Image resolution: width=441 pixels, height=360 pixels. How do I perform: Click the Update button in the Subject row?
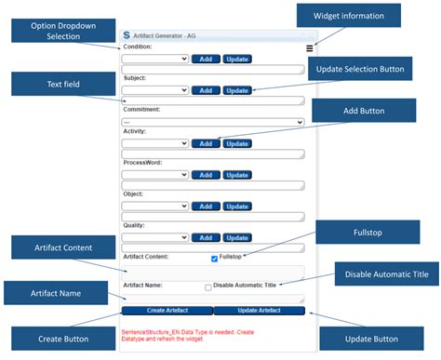[237, 90]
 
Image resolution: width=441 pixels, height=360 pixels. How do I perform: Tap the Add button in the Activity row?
[205, 143]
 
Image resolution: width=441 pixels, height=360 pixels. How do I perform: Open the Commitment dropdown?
[214, 122]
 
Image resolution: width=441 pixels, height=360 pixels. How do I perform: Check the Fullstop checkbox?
[215, 258]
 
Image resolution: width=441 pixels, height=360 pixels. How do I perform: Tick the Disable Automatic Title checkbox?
[208, 287]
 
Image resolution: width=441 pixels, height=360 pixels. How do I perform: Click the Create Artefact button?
[167, 311]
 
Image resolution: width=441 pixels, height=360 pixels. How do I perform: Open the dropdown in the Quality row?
[155, 237]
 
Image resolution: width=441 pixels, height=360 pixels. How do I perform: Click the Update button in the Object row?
[237, 206]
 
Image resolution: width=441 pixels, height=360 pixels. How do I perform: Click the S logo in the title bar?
[128, 35]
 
